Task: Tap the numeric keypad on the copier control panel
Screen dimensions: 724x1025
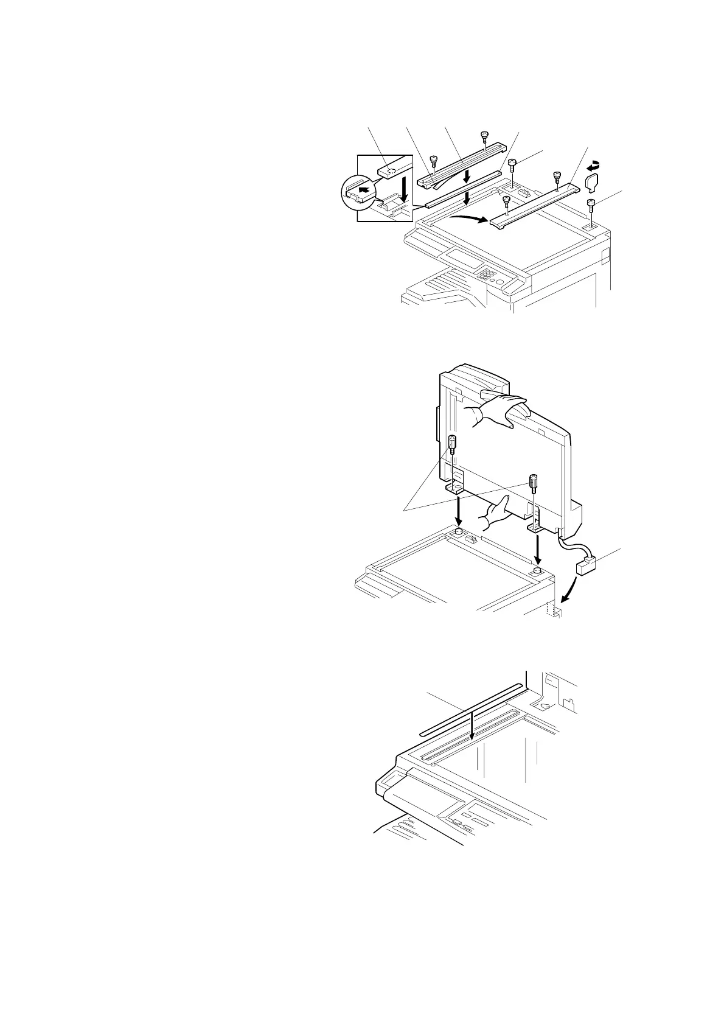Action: click(487, 277)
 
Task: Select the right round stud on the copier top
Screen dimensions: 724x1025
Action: click(536, 571)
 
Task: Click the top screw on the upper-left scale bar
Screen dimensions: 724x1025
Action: click(484, 136)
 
